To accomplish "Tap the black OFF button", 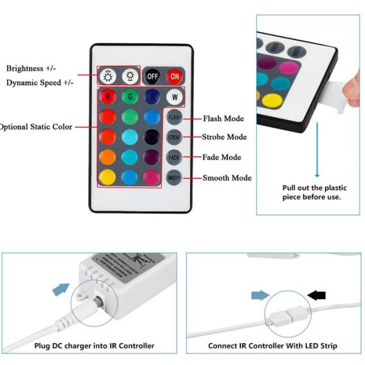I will pyautogui.click(x=152, y=77).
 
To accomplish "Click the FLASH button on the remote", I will pyautogui.click(x=175, y=117).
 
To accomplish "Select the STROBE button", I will pyautogui.click(x=175, y=137).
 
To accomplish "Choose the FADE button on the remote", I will pyautogui.click(x=175, y=157).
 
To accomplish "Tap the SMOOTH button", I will pyautogui.click(x=175, y=178).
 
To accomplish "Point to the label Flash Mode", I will pyautogui.click(x=223, y=118).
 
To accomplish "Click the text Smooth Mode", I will pyautogui.click(x=226, y=178).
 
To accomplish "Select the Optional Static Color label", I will pyautogui.click(x=36, y=127).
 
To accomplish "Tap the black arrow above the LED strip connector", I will pyautogui.click(x=316, y=295).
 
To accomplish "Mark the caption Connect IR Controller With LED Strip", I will pyautogui.click(x=273, y=346).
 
